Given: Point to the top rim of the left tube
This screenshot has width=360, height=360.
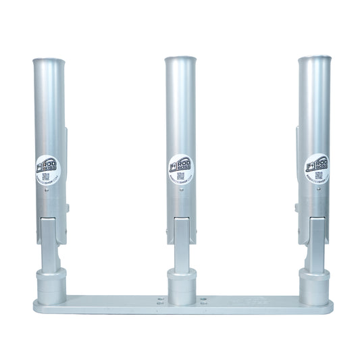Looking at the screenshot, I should coord(49,59).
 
